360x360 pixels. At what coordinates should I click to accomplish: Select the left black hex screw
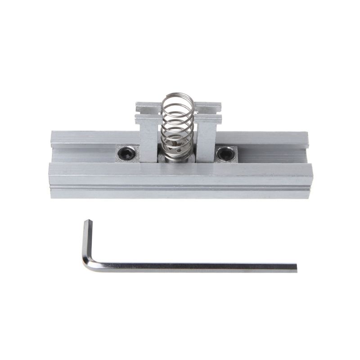(127, 154)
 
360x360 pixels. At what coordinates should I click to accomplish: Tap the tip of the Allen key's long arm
(295, 267)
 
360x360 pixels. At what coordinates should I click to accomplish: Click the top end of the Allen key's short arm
(87, 221)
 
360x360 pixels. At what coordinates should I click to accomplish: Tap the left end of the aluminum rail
(52, 166)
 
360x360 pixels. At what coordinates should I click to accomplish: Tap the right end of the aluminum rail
(310, 166)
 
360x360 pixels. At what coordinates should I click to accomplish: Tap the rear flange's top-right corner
(307, 133)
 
